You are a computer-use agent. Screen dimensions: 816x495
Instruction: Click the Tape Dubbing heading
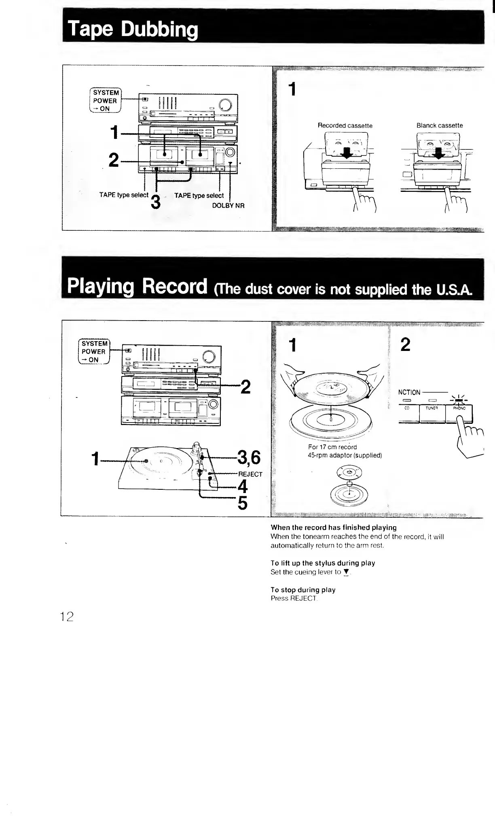click(x=133, y=30)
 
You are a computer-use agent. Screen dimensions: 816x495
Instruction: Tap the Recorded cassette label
click(x=345, y=125)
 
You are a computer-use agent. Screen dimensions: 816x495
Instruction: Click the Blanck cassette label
click(x=440, y=125)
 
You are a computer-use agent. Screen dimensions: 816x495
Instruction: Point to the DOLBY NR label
click(x=228, y=206)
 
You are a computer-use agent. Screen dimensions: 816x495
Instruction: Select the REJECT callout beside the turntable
click(x=250, y=474)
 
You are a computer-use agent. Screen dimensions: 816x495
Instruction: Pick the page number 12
click(x=66, y=616)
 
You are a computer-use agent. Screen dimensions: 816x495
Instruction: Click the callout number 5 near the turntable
click(x=242, y=503)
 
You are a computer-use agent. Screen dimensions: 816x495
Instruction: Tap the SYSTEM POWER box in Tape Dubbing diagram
click(x=105, y=100)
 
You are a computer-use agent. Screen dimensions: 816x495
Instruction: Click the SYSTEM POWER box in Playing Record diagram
click(x=94, y=351)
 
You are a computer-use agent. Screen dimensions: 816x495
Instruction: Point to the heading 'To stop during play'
click(x=303, y=590)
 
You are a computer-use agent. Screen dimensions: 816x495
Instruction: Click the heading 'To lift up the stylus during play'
click(x=323, y=563)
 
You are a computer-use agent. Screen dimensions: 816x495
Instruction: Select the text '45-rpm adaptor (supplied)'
click(x=345, y=455)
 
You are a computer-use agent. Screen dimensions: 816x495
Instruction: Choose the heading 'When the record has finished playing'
click(x=333, y=527)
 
